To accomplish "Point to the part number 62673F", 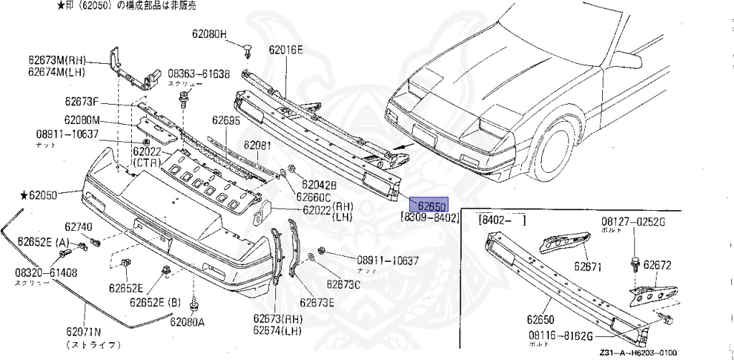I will (82, 103).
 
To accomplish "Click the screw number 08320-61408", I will (47, 273).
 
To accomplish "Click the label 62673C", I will (343, 285).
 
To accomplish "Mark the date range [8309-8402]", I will (427, 217).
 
